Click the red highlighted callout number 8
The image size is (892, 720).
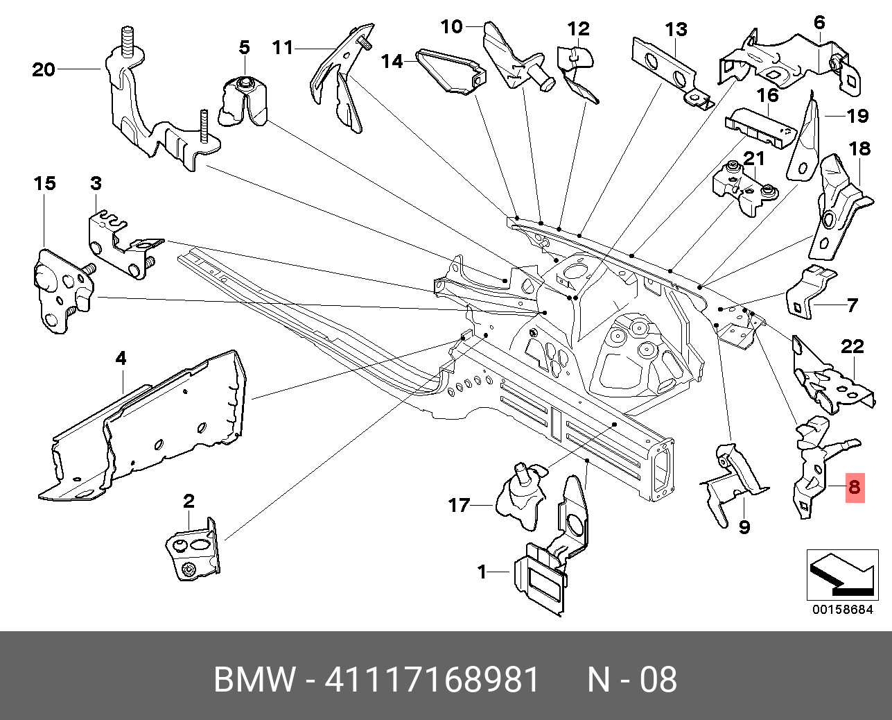tap(854, 487)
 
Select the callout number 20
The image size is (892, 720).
tap(43, 69)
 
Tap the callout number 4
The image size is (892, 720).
tap(121, 359)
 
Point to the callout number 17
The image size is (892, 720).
tap(459, 505)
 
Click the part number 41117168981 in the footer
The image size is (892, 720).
tap(432, 680)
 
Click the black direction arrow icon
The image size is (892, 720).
tap(841, 575)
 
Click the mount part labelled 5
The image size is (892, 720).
tap(244, 103)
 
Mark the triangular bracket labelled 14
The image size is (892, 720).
tap(451, 70)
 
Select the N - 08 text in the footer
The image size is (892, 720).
tap(632, 680)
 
